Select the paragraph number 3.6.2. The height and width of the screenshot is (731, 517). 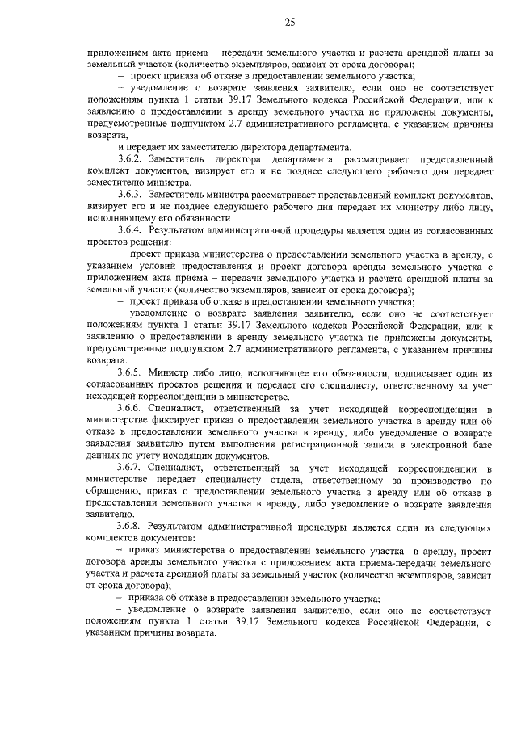coord(132,160)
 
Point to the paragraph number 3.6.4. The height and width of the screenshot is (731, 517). coord(132,230)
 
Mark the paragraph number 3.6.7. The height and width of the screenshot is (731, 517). coord(132,468)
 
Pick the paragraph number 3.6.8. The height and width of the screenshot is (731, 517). coord(132,526)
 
